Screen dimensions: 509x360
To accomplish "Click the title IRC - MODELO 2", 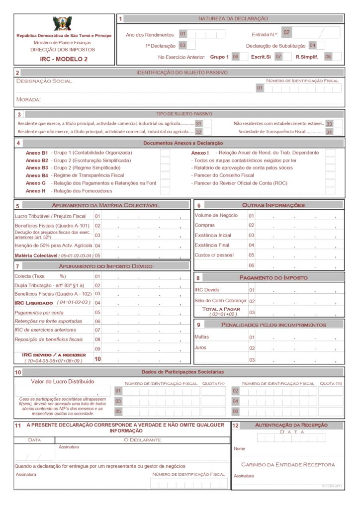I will (x=64, y=59).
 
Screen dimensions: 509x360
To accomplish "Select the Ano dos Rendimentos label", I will (x=150, y=35).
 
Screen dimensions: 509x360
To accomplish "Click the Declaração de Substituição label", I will (x=275, y=46).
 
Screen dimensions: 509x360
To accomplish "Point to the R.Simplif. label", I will (x=307, y=57).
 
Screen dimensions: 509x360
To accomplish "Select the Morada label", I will (x=28, y=100).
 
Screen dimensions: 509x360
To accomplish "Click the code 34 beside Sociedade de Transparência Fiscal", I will (x=329, y=132).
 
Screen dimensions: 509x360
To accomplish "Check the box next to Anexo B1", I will (x=165, y=153).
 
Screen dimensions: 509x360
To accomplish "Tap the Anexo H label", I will (x=36, y=191).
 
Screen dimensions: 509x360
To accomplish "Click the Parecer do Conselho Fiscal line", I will (x=223, y=175).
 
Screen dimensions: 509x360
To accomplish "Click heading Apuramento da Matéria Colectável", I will (x=105, y=205).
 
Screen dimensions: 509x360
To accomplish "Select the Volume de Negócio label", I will (x=216, y=215).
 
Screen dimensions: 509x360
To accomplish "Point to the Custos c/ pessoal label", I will (x=214, y=255).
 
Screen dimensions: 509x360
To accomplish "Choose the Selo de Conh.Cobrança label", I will (x=220, y=301).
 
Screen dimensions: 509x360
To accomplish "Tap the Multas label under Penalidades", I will (x=201, y=337).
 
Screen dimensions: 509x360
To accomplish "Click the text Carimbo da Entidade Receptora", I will (x=288, y=465).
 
